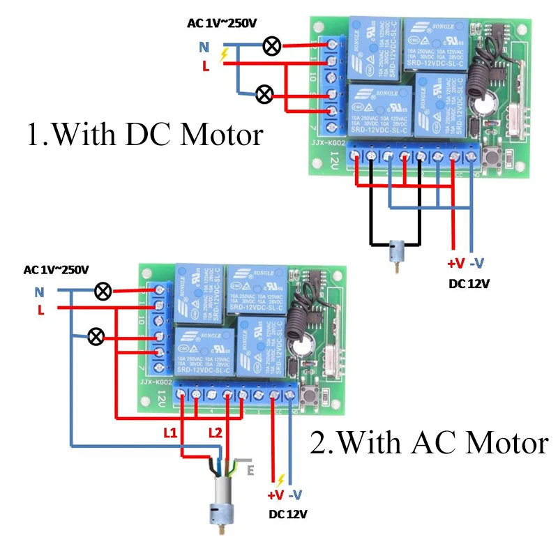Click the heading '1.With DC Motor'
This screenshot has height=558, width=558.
[145, 135]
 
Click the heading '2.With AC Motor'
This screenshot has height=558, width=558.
[428, 443]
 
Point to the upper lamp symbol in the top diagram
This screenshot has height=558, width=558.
[271, 47]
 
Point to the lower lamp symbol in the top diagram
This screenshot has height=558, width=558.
[264, 94]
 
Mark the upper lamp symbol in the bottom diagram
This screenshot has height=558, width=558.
[103, 291]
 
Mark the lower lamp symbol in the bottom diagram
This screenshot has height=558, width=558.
[96, 338]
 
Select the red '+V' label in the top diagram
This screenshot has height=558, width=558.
[455, 264]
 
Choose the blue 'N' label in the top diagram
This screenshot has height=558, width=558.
[204, 47]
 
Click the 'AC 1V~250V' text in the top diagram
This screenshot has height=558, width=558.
[222, 23]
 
